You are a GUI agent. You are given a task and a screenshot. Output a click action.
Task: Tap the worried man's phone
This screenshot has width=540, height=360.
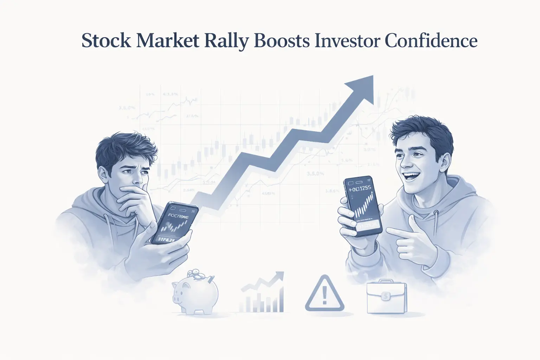point(174,223)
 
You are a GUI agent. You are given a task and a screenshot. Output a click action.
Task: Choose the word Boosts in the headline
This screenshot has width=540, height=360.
point(281,41)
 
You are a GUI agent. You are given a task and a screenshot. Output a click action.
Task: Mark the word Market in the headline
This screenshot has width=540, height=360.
point(167,41)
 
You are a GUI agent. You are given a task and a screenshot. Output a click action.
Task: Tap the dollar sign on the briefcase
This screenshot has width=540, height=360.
point(386,297)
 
